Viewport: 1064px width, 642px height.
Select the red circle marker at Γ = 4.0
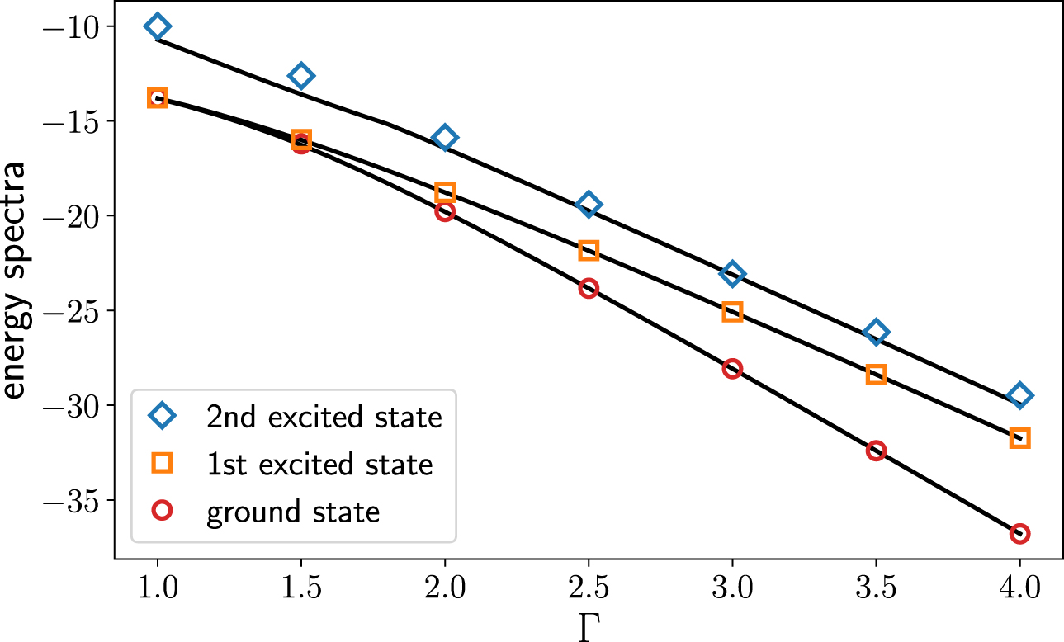click(1019, 533)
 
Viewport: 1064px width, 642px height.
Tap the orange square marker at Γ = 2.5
click(589, 250)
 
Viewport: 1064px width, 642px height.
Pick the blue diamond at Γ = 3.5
click(876, 332)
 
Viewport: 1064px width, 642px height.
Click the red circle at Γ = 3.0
click(732, 369)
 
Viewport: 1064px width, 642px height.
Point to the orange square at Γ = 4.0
click(1019, 437)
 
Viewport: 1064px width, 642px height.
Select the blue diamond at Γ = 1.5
click(301, 76)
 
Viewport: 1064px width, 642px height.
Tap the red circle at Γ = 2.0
click(445, 211)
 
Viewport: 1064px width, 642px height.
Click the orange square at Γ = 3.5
click(876, 375)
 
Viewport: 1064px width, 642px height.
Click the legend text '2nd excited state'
click(324, 418)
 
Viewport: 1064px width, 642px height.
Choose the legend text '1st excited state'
click(319, 465)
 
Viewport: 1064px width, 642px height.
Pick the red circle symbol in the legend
click(163, 512)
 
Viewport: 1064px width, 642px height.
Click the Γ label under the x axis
click(588, 627)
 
